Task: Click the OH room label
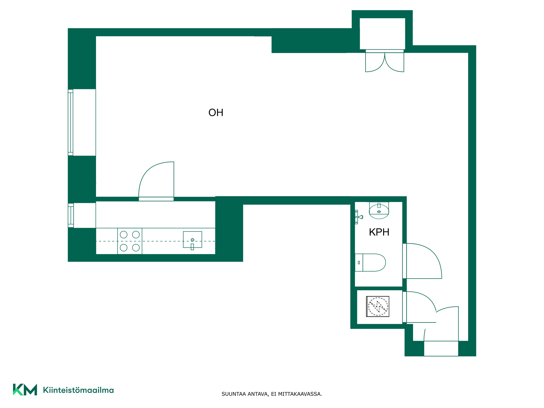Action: (216, 113)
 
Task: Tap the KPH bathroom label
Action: (379, 232)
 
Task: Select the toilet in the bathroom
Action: (370, 263)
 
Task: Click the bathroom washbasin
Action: (379, 211)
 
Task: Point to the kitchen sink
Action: (192, 240)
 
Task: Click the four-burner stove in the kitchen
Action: (130, 241)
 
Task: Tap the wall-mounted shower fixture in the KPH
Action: (358, 217)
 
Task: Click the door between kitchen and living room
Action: (156, 181)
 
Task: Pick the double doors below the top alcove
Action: (384, 61)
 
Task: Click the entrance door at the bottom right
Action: (441, 331)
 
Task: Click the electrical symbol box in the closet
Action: (378, 306)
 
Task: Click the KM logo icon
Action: (25, 390)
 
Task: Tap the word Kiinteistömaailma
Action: (78, 390)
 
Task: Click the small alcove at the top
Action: (382, 34)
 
